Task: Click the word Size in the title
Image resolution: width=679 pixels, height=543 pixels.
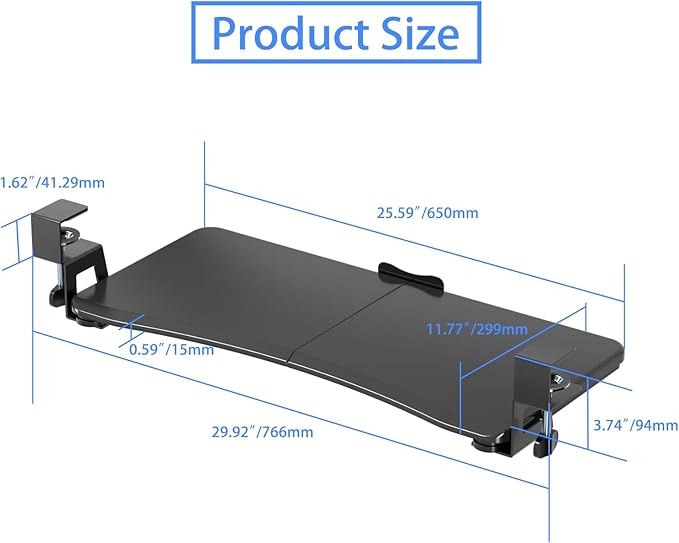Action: [419, 34]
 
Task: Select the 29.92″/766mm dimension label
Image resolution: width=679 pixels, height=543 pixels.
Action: [262, 432]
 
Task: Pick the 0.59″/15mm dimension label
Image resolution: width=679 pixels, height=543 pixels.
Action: [171, 349]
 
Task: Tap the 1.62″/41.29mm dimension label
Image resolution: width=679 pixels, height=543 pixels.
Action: [52, 183]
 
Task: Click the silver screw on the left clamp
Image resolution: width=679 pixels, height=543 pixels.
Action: [70, 236]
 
